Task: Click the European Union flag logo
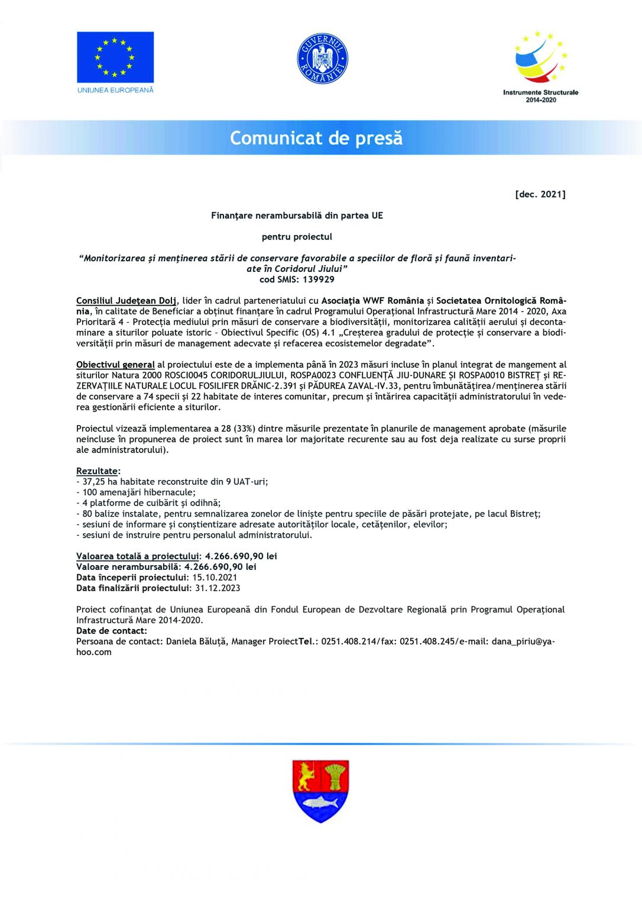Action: (115, 57)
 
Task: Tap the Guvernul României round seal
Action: (322, 59)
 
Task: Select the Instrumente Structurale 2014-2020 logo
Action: (540, 66)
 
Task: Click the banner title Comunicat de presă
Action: (316, 138)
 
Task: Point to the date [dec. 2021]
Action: (540, 194)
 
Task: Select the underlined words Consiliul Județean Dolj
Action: (127, 301)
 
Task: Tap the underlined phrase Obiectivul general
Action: (115, 365)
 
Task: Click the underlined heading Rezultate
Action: (97, 471)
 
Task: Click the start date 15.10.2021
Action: (215, 578)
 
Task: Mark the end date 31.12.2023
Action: (218, 588)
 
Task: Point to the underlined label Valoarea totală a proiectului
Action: (137, 556)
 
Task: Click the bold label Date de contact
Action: (112, 631)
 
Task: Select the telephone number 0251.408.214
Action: (349, 641)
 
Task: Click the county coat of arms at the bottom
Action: (320, 790)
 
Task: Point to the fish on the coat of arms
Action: (320, 802)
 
